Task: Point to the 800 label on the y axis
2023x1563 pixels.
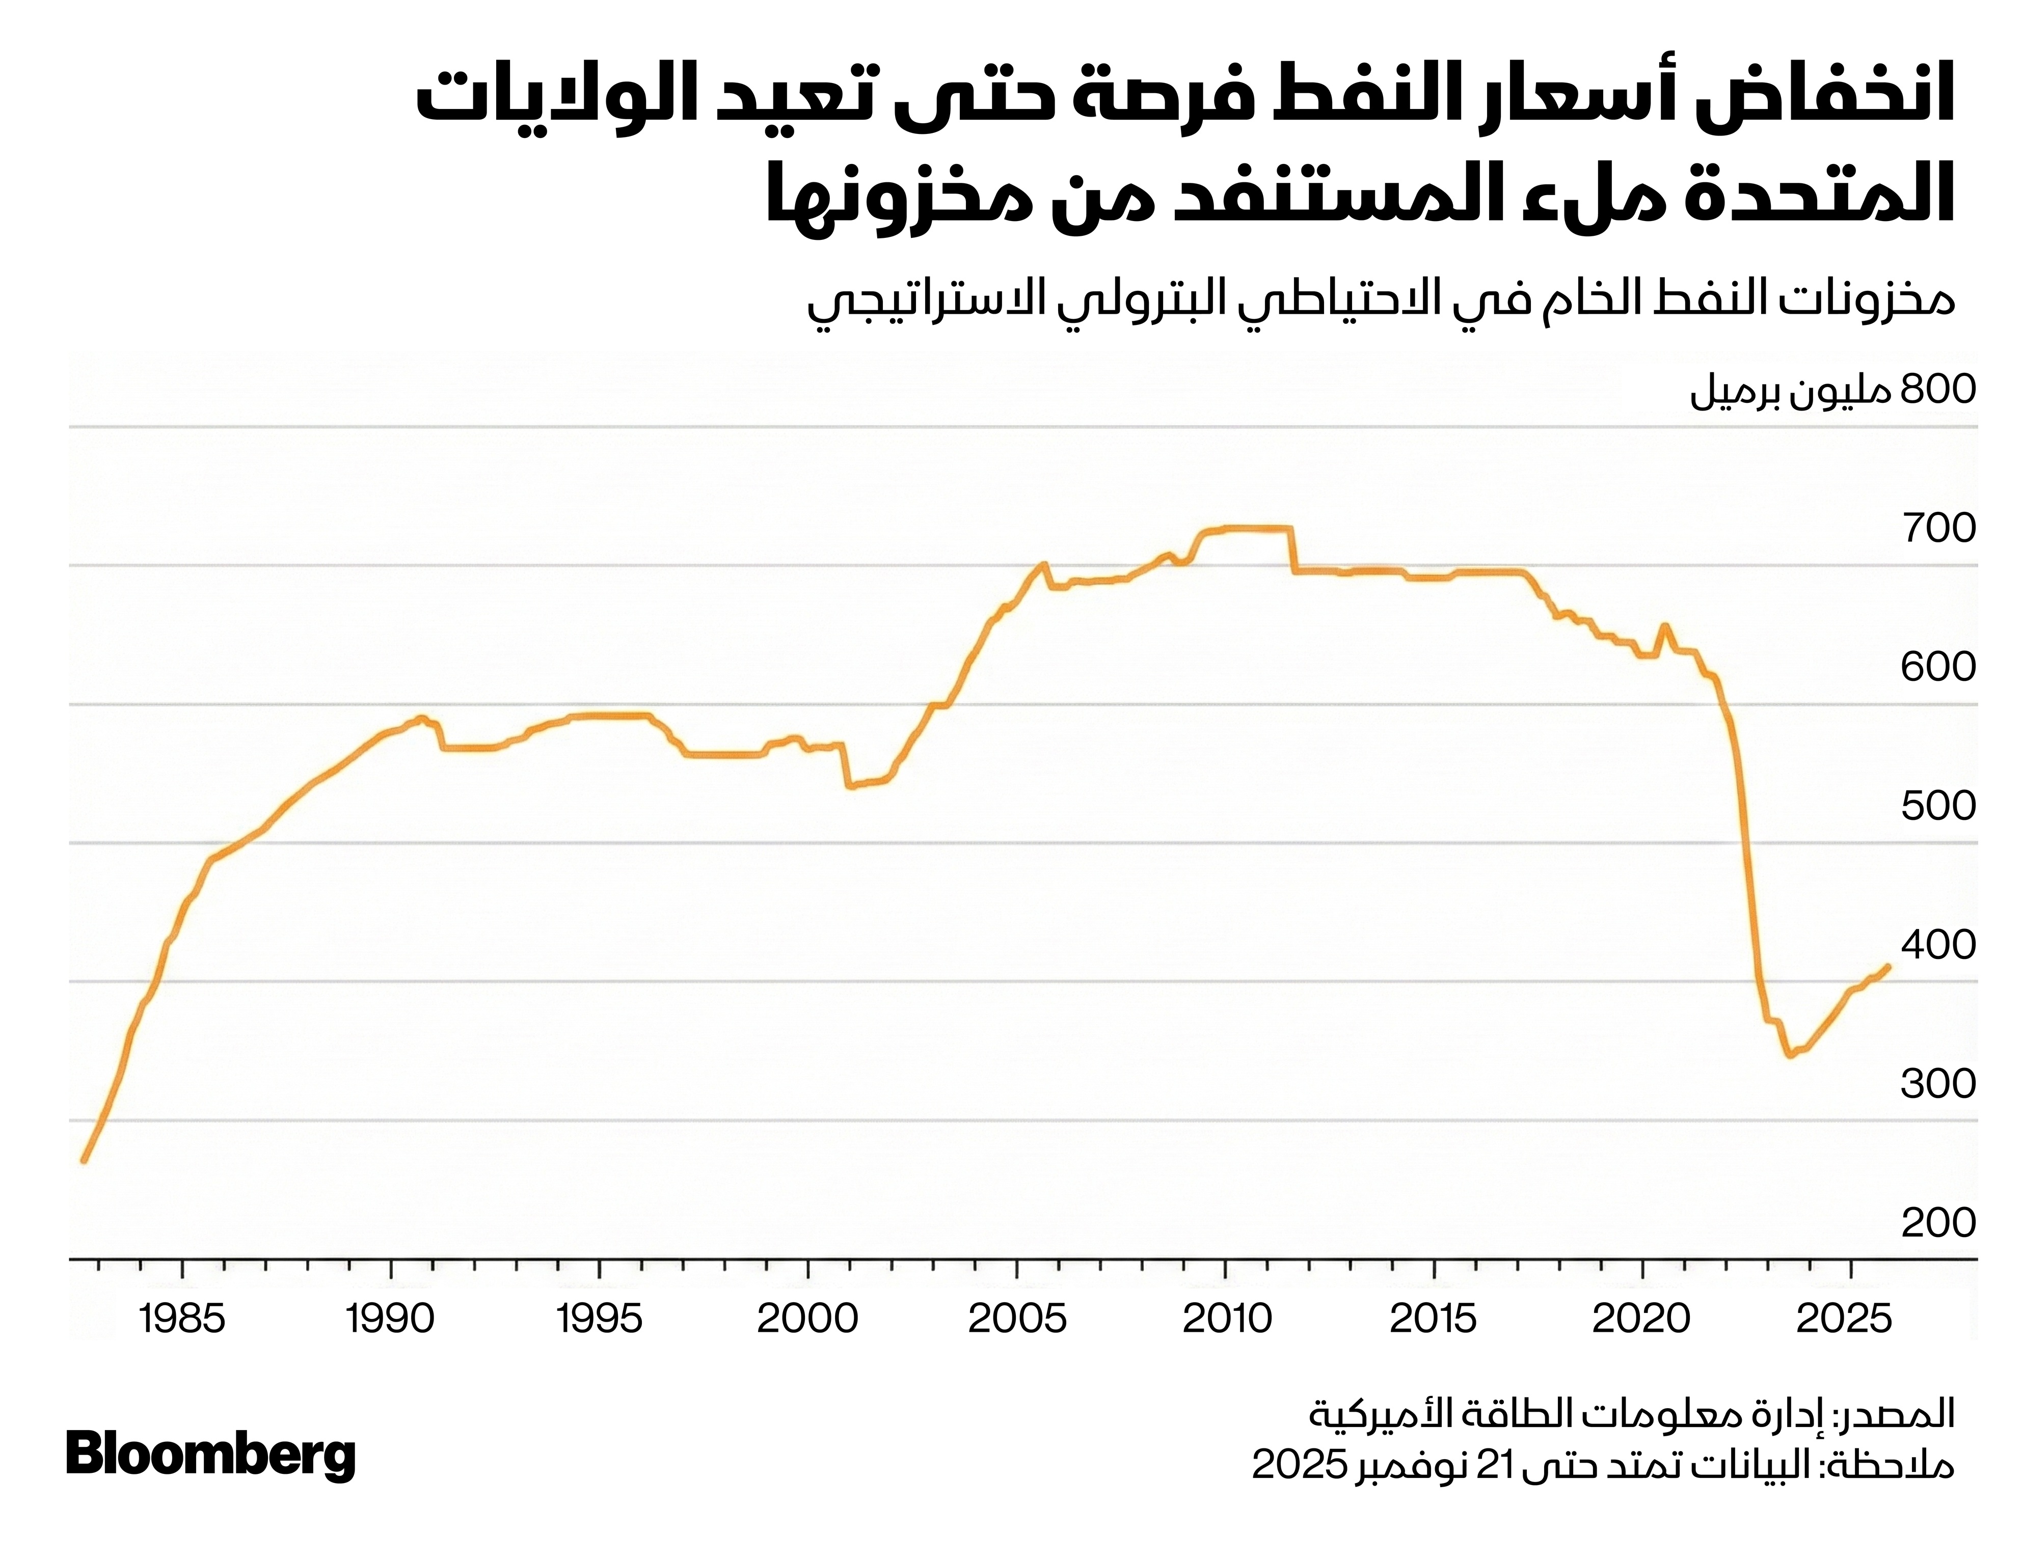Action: [x=1938, y=390]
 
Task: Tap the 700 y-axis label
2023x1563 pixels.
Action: [x=1938, y=529]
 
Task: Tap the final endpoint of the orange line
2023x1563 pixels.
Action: [x=1888, y=967]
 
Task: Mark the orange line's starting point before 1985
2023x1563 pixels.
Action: [x=84, y=1160]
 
